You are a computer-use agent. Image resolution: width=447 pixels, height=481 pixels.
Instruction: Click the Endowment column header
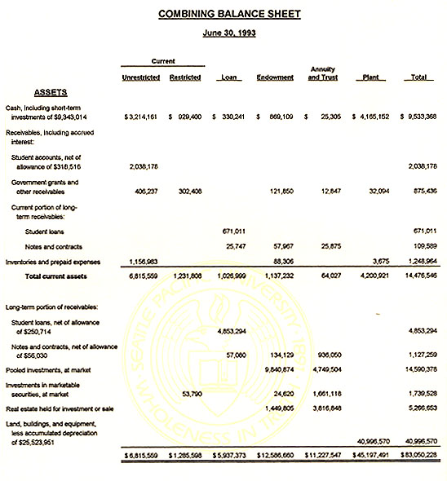click(x=275, y=77)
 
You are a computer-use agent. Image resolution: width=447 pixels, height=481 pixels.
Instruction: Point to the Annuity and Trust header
click(x=324, y=73)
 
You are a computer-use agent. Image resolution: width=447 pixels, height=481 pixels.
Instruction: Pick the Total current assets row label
click(x=58, y=276)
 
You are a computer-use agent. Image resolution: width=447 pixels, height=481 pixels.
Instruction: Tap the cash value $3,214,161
click(x=140, y=118)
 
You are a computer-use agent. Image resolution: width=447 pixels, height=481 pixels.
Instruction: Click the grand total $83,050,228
click(x=418, y=455)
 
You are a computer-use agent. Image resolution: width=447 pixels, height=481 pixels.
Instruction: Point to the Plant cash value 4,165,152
click(x=375, y=118)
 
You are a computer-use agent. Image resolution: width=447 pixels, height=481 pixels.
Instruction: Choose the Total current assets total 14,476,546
click(x=420, y=276)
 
